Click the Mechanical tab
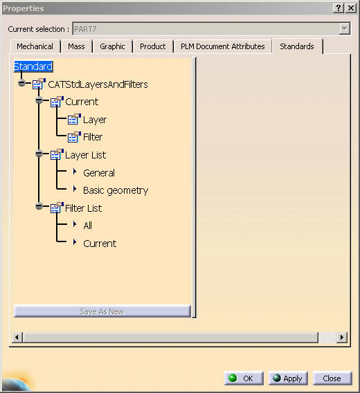pos(35,46)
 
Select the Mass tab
pos(76,46)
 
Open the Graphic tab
pos(112,46)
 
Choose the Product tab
pos(152,46)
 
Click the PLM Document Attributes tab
pos(222,46)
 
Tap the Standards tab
pos(297,46)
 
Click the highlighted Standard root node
pos(33,66)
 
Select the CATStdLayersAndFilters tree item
pos(98,84)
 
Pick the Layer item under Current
pos(95,120)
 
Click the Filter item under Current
pos(93,137)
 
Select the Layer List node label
pos(86,155)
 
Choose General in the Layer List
pos(99,173)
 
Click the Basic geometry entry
pos(116,190)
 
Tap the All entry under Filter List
pos(87,226)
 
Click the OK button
pos(244,378)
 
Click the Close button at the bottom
pos(332,378)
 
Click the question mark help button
pos(338,8)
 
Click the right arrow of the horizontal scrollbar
pos(342,338)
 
